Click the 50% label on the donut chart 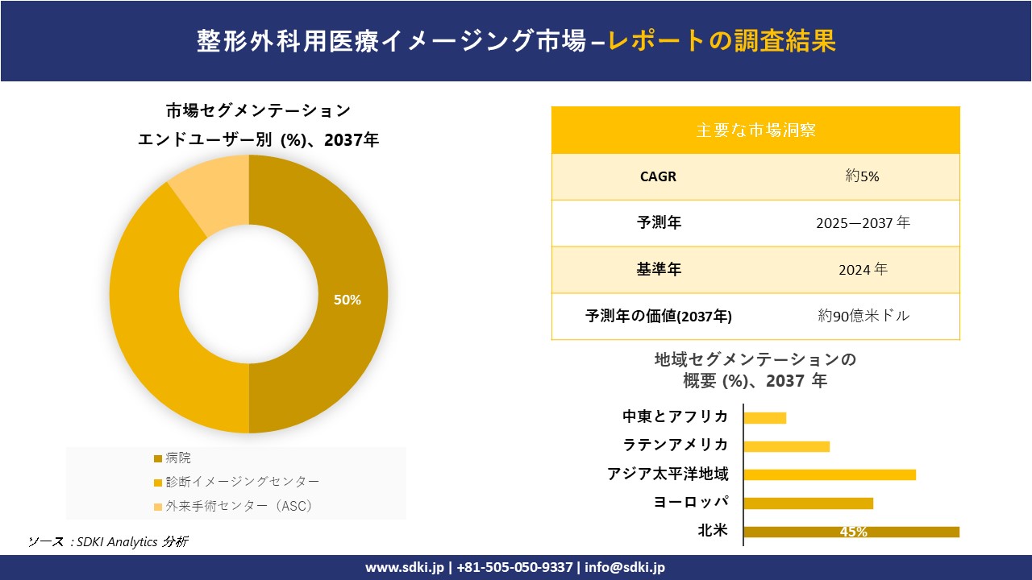coord(347,300)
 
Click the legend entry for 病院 coord(178,458)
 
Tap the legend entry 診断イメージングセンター coord(242,482)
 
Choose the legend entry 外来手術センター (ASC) coord(239,506)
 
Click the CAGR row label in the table coord(658,176)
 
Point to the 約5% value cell coord(862,176)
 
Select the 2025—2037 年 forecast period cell coord(863,223)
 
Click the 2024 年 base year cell coord(862,270)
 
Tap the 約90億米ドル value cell coord(863,316)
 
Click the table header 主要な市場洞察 coord(755,130)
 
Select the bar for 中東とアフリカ coord(764,417)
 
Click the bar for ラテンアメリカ coord(786,446)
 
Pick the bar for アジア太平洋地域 coord(830,474)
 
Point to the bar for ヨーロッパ coord(808,503)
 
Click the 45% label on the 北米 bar coord(853,532)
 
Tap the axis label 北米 coord(713,531)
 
